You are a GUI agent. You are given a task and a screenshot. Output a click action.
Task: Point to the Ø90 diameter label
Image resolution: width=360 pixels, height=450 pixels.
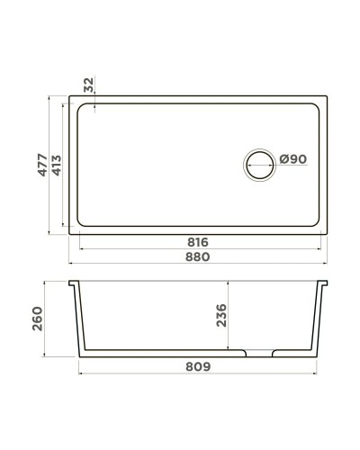click(x=292, y=159)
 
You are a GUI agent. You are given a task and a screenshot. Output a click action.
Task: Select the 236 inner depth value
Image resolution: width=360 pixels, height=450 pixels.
click(x=221, y=315)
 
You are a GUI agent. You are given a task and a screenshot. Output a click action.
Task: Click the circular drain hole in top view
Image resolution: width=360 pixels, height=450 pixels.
click(x=259, y=165)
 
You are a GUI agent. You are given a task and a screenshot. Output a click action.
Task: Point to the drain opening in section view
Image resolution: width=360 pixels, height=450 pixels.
click(x=259, y=351)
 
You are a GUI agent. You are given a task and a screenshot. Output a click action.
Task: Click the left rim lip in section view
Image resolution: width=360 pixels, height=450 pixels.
click(x=75, y=285)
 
